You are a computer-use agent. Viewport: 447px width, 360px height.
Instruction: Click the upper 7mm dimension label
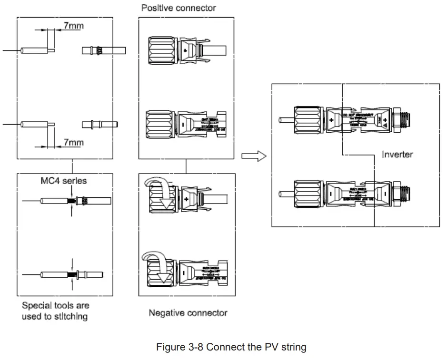pyautogui.click(x=73, y=26)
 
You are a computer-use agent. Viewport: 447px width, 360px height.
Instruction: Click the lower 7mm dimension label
pyautogui.click(x=73, y=142)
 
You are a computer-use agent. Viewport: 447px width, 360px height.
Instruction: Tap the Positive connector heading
pyautogui.click(x=179, y=8)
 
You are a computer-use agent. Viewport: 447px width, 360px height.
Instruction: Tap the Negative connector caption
pyautogui.click(x=188, y=312)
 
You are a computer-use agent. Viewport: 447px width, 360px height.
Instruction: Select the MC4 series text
pyautogui.click(x=64, y=181)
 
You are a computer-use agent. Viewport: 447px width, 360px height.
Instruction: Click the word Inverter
pyautogui.click(x=397, y=154)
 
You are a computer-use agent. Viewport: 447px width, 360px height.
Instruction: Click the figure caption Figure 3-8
pyautogui.click(x=231, y=347)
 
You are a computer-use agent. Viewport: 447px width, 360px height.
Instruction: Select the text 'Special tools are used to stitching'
pyautogui.click(x=55, y=311)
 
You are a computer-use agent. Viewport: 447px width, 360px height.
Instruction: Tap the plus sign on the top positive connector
pyautogui.click(x=185, y=50)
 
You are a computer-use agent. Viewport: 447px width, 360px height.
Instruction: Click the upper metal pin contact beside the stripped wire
pyautogui.click(x=103, y=50)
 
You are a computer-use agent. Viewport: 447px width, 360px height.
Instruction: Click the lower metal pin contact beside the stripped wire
pyautogui.click(x=100, y=125)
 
